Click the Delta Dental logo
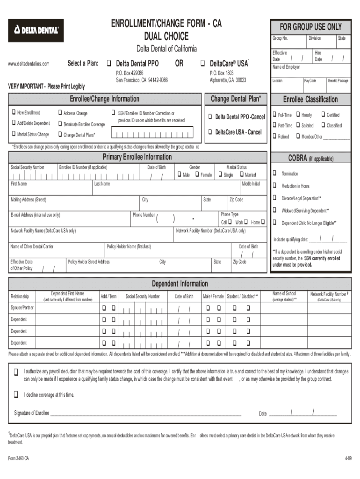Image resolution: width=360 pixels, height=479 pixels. tap(36, 30)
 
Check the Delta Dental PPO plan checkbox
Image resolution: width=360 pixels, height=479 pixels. tap(108, 63)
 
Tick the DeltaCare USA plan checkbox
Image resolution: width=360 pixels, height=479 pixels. tap(202, 63)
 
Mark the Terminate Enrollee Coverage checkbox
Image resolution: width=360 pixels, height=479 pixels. tap(59, 124)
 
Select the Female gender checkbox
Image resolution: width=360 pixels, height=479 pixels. tap(196, 175)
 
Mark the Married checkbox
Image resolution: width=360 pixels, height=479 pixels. tap(241, 175)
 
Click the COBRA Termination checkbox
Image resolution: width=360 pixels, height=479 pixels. tap(275, 174)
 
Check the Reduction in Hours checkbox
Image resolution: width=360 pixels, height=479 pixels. tap(275, 186)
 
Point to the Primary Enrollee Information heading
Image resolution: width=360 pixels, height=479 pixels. tap(137, 157)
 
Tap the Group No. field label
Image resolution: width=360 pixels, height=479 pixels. tap(280, 38)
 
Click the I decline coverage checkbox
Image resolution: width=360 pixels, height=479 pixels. tap(16, 394)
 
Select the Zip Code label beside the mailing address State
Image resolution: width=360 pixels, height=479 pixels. tap(236, 200)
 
